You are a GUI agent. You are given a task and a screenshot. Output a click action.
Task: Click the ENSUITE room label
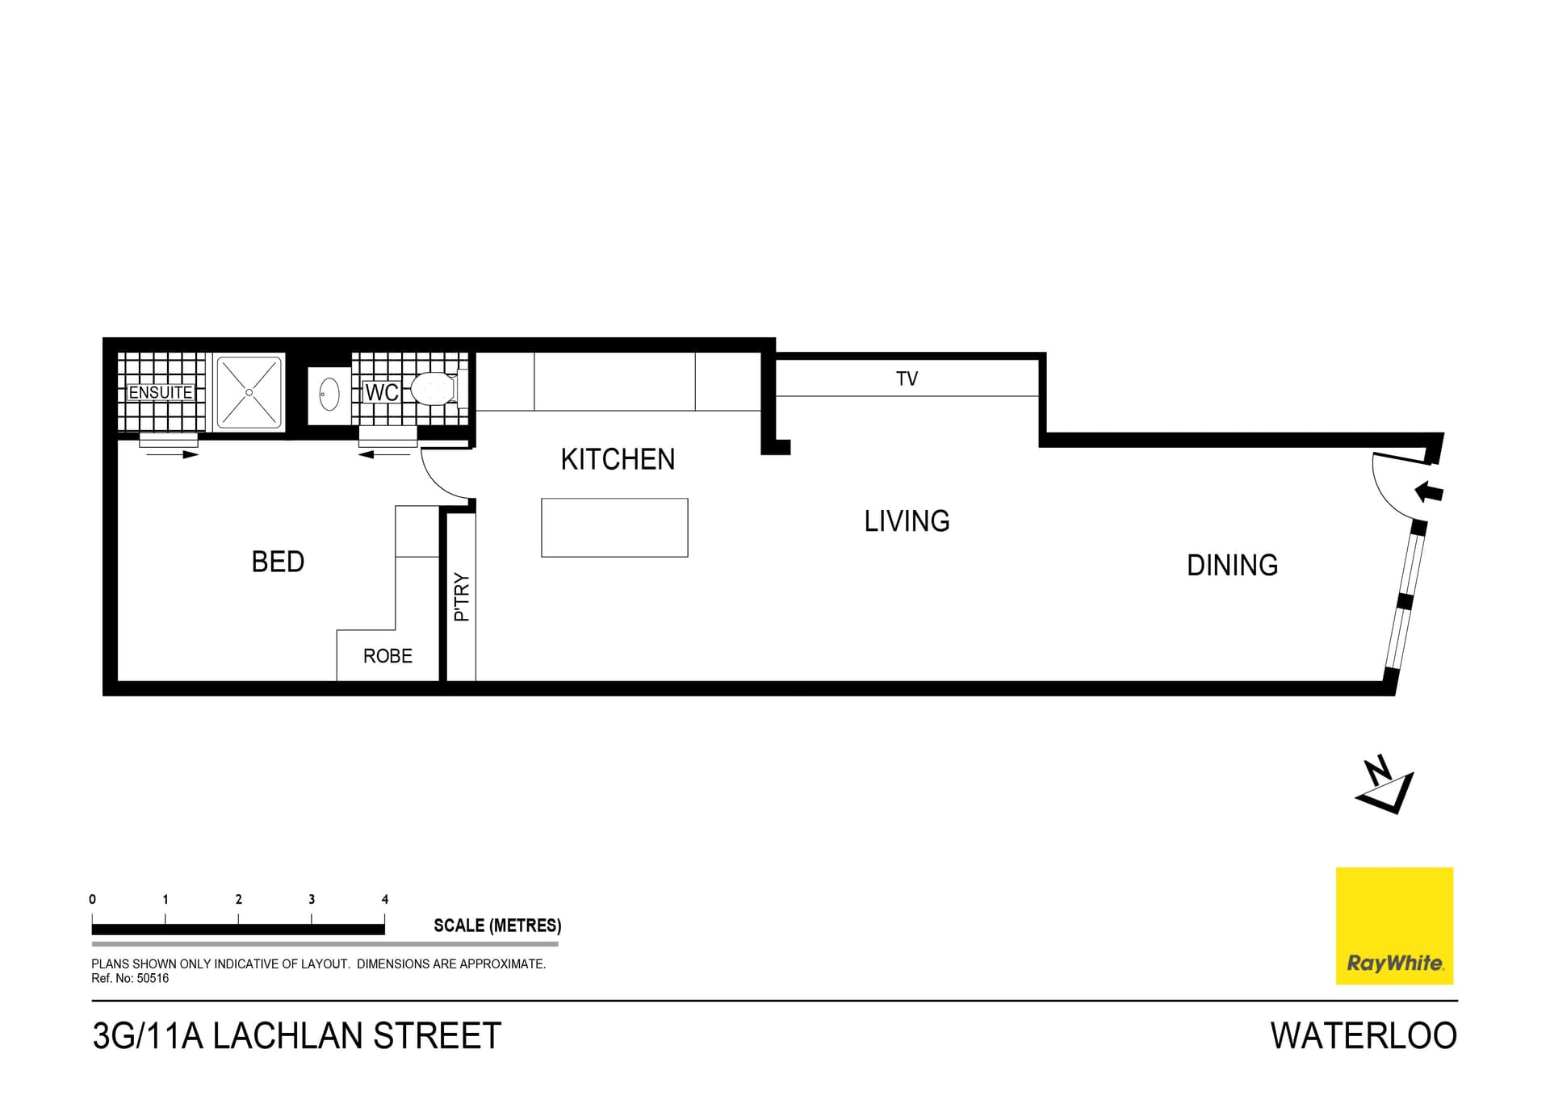pyautogui.click(x=161, y=393)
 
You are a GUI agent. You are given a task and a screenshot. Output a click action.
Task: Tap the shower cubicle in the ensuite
pyautogui.click(x=249, y=392)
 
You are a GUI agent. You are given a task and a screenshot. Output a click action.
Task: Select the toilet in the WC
pyautogui.click(x=435, y=389)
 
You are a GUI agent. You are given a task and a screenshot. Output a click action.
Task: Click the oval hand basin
pyautogui.click(x=329, y=395)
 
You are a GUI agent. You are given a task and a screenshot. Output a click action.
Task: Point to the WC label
pyautogui.click(x=381, y=393)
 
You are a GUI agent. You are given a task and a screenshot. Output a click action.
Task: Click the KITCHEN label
pyautogui.click(x=618, y=459)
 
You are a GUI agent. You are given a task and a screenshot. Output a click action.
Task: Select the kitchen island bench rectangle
pyautogui.click(x=614, y=528)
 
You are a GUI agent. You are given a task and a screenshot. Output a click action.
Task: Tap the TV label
pyautogui.click(x=907, y=378)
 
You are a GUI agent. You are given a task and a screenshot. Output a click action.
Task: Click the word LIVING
pyautogui.click(x=907, y=521)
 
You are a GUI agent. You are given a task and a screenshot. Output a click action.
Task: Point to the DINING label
pyautogui.click(x=1232, y=565)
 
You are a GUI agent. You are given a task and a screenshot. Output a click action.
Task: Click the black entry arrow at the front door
pyautogui.click(x=1429, y=491)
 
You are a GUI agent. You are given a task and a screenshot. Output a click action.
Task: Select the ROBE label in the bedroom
pyautogui.click(x=387, y=656)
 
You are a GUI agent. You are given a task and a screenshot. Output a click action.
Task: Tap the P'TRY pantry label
pyautogui.click(x=462, y=596)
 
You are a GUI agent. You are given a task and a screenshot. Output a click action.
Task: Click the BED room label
pyautogui.click(x=278, y=562)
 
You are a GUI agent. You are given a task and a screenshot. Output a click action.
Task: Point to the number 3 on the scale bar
pyautogui.click(x=312, y=899)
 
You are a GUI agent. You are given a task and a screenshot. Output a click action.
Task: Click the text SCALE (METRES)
pyautogui.click(x=497, y=926)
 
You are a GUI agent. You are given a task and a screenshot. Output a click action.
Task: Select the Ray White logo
pyautogui.click(x=1394, y=926)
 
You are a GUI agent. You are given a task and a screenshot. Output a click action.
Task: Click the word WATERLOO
pyautogui.click(x=1364, y=1035)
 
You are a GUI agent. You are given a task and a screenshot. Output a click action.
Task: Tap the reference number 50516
pyautogui.click(x=153, y=978)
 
